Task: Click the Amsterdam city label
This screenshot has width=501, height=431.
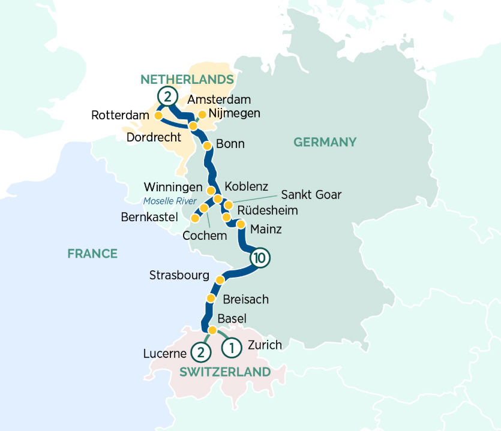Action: pos(218,100)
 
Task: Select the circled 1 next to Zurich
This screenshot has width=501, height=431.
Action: pos(232,346)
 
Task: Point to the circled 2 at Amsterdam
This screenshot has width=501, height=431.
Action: pos(167,95)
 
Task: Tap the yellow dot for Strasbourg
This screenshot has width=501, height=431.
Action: pos(220,280)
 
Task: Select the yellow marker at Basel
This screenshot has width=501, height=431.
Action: pos(212,330)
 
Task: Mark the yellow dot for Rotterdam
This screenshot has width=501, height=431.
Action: pos(159,115)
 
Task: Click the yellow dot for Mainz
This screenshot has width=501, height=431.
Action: pos(241,225)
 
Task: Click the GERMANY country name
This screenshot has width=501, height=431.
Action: pos(325,142)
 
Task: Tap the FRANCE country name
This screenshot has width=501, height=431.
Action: pos(92,254)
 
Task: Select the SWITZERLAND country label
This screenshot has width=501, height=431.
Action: pos(225,372)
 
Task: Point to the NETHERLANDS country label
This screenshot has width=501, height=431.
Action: pos(187,80)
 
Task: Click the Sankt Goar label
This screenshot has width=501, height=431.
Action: pos(311,194)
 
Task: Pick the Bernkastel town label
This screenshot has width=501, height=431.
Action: pos(149,218)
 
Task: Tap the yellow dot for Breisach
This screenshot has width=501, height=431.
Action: pos(211,299)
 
